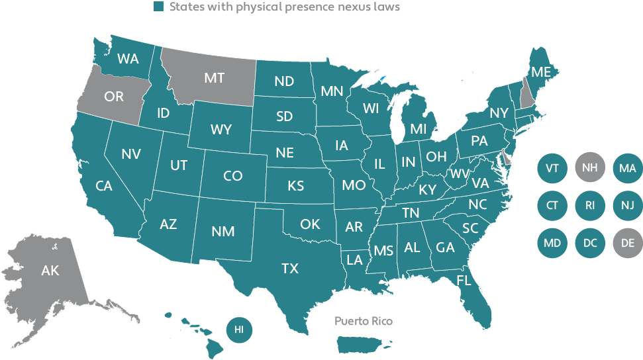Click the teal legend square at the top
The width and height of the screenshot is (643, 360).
tap(158, 7)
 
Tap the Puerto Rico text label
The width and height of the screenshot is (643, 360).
tap(363, 321)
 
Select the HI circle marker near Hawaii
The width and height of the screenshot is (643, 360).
tap(239, 328)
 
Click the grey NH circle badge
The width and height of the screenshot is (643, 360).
tap(589, 168)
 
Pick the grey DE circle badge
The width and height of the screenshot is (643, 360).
tap(627, 243)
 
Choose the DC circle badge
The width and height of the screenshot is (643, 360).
tap(589, 243)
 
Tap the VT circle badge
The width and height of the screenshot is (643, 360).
tap(552, 168)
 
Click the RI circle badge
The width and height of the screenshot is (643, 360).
tap(589, 205)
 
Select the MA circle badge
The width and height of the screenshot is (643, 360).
tap(627, 168)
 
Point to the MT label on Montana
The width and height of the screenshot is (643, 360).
tap(213, 78)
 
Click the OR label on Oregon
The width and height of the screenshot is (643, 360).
tap(114, 97)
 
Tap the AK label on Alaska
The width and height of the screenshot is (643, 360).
tap(50, 271)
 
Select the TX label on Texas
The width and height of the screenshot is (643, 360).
tap(289, 268)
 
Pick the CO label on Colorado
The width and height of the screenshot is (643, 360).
tap(232, 176)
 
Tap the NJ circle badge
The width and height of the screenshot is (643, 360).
tap(627, 205)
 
